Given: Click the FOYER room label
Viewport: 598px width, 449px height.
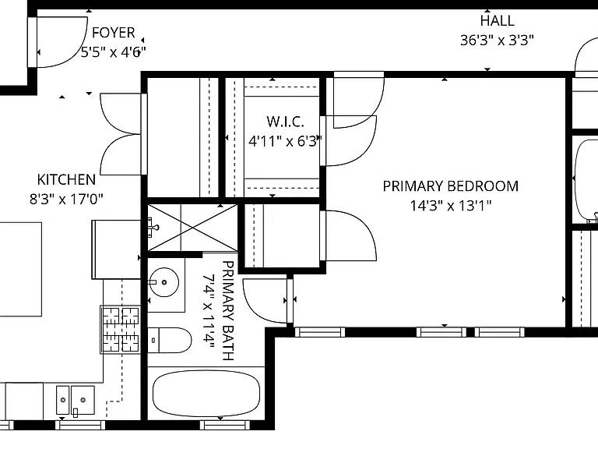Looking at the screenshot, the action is [x=114, y=33].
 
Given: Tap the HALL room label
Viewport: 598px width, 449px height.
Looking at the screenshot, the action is [x=497, y=20].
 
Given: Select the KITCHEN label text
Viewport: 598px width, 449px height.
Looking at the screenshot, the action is [x=66, y=179].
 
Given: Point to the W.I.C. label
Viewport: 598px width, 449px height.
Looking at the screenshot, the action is [x=285, y=122].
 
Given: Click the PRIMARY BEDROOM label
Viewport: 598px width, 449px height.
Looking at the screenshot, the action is [x=450, y=186].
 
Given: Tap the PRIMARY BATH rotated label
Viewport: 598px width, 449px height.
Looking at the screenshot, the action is [x=227, y=310].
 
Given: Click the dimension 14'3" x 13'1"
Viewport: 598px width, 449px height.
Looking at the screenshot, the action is [x=450, y=206].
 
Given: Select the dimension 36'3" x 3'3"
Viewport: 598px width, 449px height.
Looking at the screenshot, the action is [x=497, y=40].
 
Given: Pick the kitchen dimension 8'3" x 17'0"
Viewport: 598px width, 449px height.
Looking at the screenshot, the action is [x=66, y=199].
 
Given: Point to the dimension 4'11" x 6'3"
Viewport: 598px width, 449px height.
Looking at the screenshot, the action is [x=285, y=141].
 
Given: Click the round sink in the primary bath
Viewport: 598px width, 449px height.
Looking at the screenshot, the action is [x=164, y=282].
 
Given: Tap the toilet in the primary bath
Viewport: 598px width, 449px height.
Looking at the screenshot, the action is [x=169, y=340].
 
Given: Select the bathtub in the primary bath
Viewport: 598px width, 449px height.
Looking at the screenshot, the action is [x=206, y=393].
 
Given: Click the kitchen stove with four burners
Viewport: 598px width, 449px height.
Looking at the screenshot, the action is [x=120, y=330].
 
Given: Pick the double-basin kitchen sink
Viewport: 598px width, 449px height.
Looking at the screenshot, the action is [x=76, y=400].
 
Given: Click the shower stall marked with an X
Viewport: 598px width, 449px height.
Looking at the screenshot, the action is [x=192, y=228].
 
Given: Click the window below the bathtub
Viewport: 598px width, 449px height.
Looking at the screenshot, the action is [x=224, y=425].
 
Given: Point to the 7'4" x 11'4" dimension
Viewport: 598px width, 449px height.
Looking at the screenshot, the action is [x=209, y=310].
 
